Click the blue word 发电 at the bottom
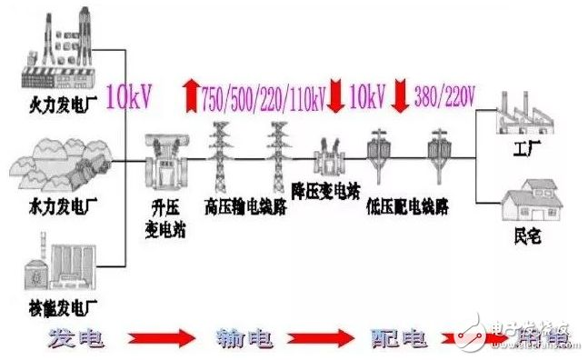click(x=75, y=337)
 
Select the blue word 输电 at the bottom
click(x=238, y=337)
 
